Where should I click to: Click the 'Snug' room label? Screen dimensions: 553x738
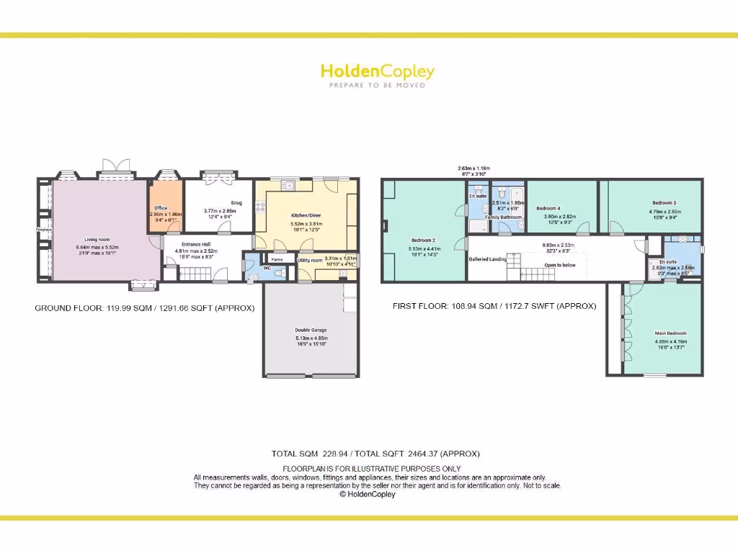tap(236, 203)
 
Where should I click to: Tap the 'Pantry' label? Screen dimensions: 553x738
tap(277, 259)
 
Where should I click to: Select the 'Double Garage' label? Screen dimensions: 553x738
tap(311, 331)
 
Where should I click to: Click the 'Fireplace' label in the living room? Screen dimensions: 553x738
tap(43, 230)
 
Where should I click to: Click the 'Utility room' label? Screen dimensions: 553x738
tap(310, 260)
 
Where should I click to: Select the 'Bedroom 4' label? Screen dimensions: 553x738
tap(548, 208)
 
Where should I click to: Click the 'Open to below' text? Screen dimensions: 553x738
tap(560, 265)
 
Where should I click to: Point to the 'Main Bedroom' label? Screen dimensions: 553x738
tap(670, 333)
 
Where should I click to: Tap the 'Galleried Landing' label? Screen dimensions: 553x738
tap(488, 259)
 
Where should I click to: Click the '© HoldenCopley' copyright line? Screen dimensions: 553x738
tap(368, 495)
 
